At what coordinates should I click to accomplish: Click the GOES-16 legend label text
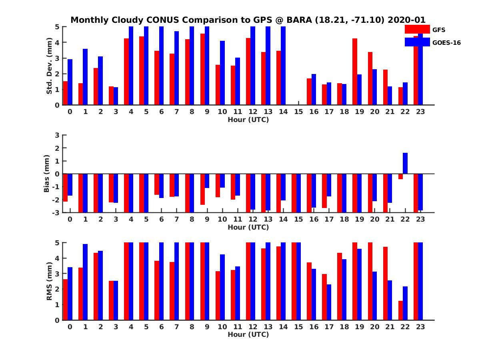pyautogui.click(x=446, y=42)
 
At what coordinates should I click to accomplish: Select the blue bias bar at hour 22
pyautogui.click(x=405, y=163)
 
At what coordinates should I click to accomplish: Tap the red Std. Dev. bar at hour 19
pyautogui.click(x=355, y=72)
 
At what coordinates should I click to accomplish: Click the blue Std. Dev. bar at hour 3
pyautogui.click(x=116, y=96)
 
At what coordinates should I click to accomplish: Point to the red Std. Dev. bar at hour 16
pyautogui.click(x=309, y=92)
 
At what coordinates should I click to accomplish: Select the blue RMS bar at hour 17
pyautogui.click(x=329, y=302)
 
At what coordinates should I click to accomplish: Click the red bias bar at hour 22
pyautogui.click(x=401, y=176)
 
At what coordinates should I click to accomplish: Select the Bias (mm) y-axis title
pyautogui.click(x=46, y=174)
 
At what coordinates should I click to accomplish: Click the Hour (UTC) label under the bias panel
pyautogui.click(x=248, y=227)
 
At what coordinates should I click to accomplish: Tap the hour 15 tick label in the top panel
pyautogui.click(x=298, y=112)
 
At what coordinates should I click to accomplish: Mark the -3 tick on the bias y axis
pyautogui.click(x=56, y=212)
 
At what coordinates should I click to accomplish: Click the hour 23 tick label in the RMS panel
pyautogui.click(x=420, y=326)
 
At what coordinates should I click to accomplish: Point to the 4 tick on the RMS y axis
pyautogui.click(x=57, y=258)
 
